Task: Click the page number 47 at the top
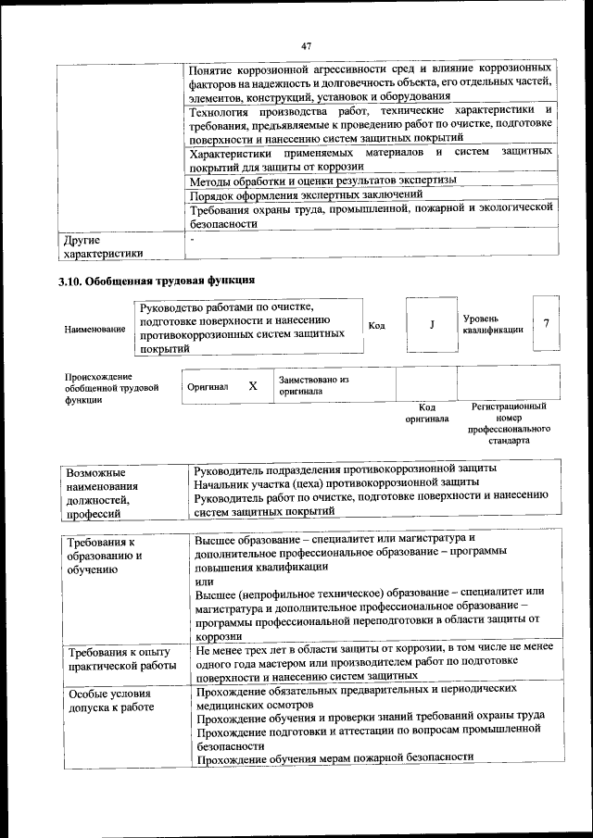306,45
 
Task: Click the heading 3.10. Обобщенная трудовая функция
157,280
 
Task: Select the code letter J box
432,325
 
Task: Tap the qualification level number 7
547,324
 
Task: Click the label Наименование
95,330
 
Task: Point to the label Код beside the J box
377,325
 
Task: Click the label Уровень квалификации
492,324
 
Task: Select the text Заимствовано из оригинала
313,385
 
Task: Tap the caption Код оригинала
426,412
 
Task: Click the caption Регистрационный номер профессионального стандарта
509,424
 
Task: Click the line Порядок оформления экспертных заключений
306,195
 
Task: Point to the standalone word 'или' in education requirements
205,579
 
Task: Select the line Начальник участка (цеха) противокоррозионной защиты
336,482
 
